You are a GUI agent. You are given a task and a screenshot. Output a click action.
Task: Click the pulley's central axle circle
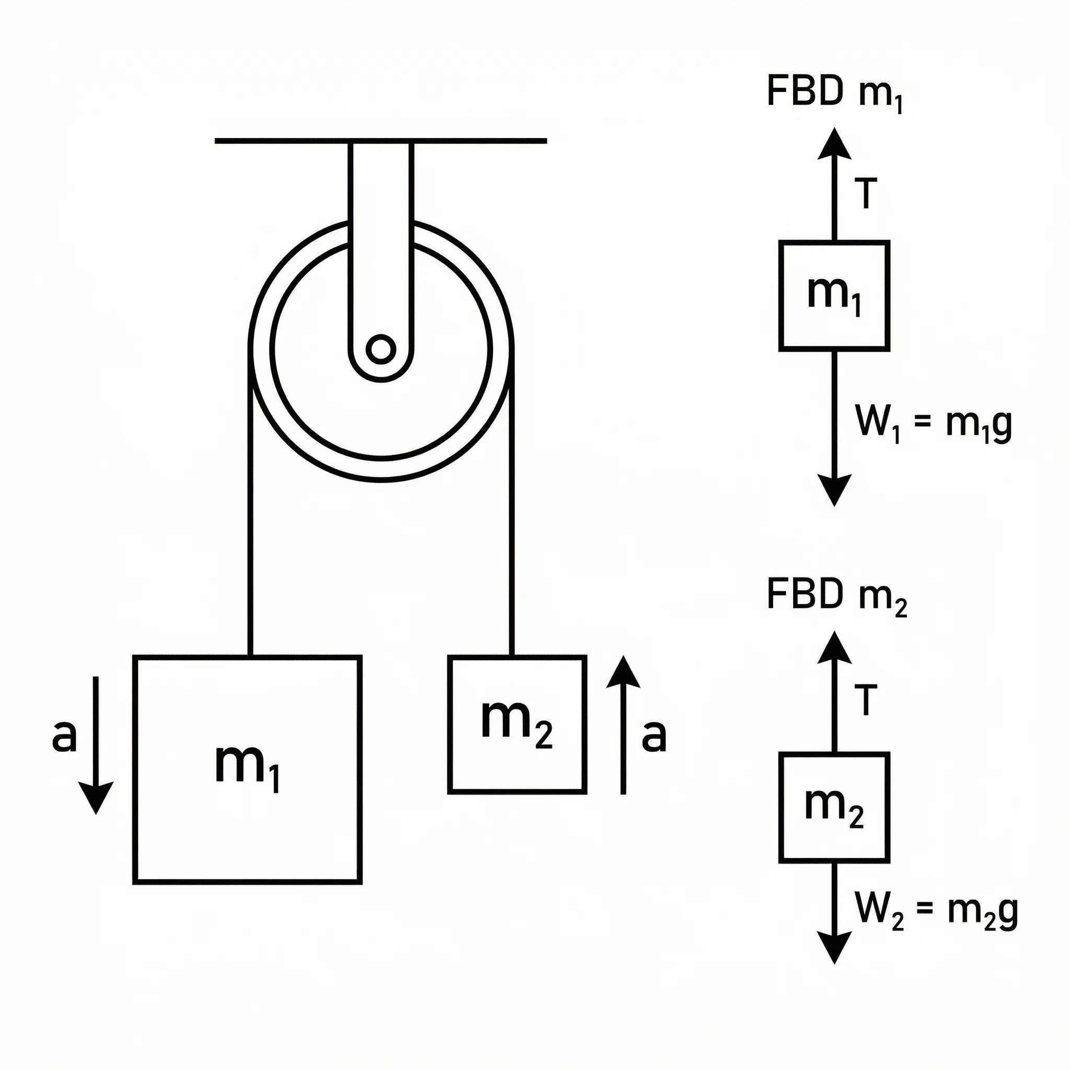pos(381,350)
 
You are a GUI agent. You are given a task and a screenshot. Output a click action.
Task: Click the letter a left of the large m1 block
pos(64,737)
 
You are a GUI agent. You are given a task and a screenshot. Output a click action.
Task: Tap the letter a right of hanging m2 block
pos(654,737)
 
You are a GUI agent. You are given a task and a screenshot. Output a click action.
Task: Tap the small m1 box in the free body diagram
pos(834,296)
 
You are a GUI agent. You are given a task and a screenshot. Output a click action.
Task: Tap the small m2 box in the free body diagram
pos(834,807)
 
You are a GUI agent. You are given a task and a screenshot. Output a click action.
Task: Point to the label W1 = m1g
pos(934,424)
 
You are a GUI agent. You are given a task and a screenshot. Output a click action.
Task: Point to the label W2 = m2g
pos(936,911)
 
